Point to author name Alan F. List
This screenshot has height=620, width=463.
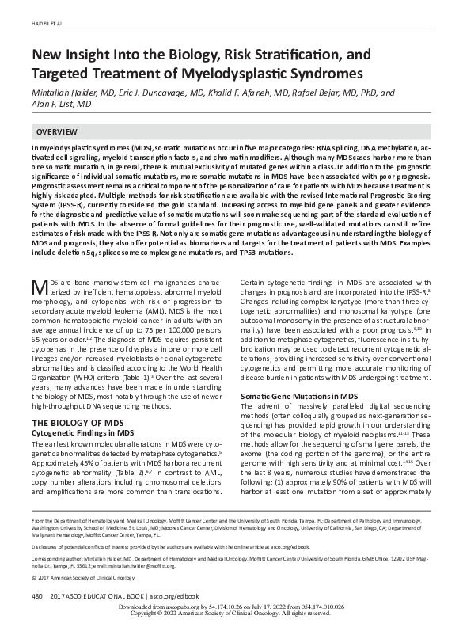pos(62,104)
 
